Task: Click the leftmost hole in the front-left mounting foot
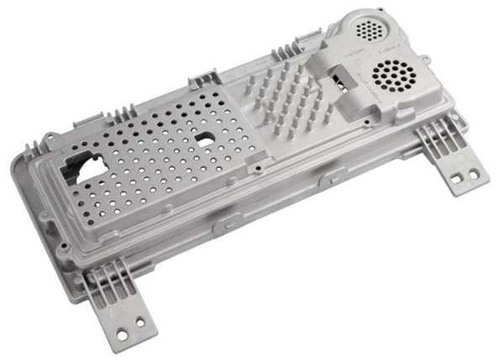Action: [x=122, y=335]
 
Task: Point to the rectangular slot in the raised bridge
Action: [x=341, y=81]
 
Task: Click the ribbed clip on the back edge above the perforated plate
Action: [x=202, y=82]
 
